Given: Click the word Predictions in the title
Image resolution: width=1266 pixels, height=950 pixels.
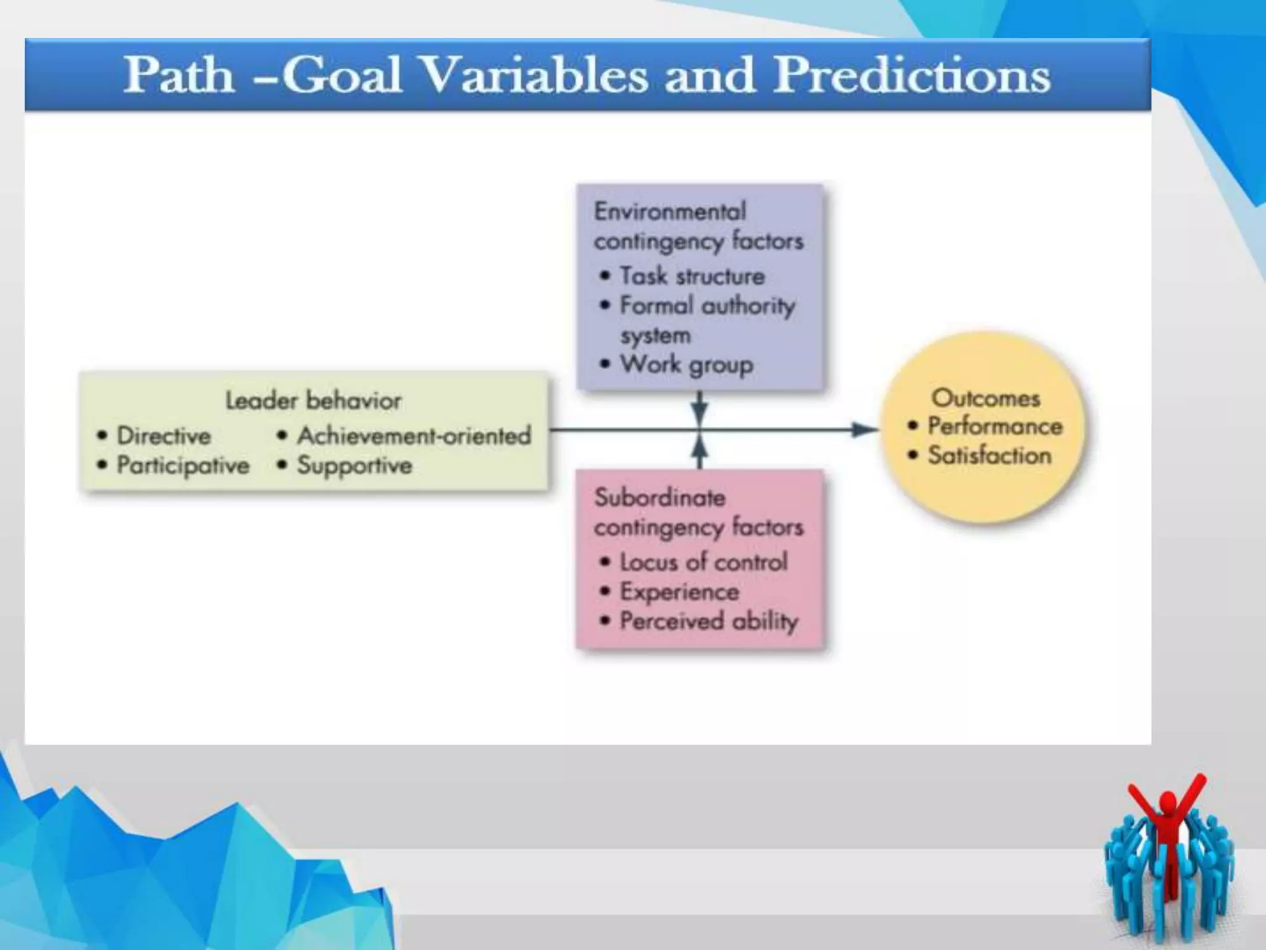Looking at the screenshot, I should pos(912,75).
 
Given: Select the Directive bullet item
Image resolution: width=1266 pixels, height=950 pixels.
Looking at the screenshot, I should pos(163,436).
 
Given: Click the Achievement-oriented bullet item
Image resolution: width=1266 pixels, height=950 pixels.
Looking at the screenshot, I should pos(414,436).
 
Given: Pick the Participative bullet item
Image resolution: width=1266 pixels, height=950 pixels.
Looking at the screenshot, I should pos(183,465).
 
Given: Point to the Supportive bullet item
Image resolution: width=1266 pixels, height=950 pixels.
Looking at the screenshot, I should pos(354,465).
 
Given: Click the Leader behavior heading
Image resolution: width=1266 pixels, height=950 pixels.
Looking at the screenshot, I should pos(313,401).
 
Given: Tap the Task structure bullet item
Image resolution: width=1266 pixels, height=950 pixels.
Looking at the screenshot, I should pos(692,276).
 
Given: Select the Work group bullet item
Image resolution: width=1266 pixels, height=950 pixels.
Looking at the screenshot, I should pos(686,364).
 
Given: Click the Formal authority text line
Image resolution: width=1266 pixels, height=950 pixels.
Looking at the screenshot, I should pos(707,306).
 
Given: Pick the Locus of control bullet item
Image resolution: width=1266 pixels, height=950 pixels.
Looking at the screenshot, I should pos(703,562).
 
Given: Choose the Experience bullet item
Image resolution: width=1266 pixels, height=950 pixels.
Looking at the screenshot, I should pos(679,592).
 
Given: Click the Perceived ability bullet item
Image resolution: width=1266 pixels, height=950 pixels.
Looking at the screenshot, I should pos(708,621).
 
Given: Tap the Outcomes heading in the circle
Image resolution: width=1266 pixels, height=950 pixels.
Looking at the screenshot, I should pos(985,398).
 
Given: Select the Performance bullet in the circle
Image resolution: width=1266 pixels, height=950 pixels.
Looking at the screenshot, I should pos(995,426).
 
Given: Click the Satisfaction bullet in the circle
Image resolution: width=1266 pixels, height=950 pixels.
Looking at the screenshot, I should pos(989,456).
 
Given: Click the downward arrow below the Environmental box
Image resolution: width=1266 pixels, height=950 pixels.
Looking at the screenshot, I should pos(700,409).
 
